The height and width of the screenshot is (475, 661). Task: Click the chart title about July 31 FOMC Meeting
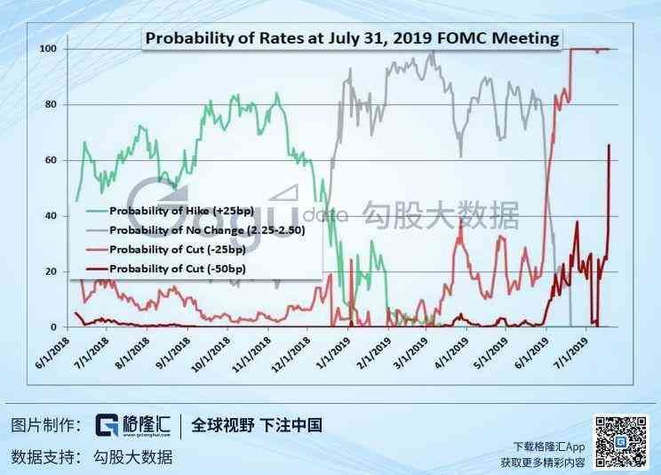[x=352, y=38]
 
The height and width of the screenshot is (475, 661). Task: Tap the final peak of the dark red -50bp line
[x=609, y=144]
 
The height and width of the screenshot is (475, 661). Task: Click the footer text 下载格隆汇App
[x=549, y=447]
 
